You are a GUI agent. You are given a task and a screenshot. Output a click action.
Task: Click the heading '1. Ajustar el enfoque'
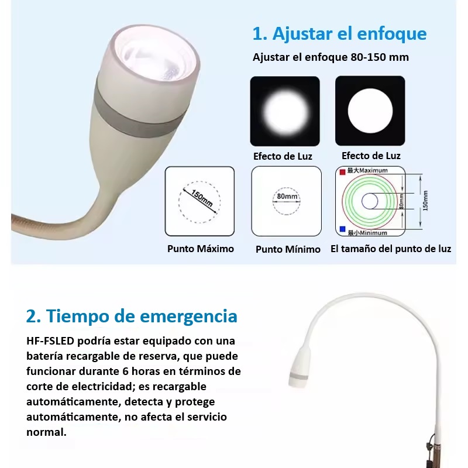coord(339,33)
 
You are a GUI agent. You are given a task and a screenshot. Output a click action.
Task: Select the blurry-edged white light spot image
coord(285,111)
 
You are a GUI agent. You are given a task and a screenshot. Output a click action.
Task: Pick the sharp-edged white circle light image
coord(370,111)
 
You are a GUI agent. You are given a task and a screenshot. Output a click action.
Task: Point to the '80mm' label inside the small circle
coord(287,197)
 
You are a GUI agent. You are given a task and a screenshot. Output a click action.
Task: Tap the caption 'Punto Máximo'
coord(201,249)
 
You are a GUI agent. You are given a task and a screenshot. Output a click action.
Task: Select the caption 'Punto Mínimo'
coord(288,249)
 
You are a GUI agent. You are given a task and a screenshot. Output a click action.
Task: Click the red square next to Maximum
coord(343,172)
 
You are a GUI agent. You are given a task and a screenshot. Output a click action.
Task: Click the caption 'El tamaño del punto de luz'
coord(390,249)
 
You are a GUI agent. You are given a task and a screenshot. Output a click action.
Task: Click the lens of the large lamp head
coord(154,56)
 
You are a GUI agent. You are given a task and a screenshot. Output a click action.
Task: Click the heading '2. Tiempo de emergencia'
coord(132,316)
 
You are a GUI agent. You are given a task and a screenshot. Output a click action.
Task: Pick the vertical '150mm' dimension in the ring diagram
coord(425,201)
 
